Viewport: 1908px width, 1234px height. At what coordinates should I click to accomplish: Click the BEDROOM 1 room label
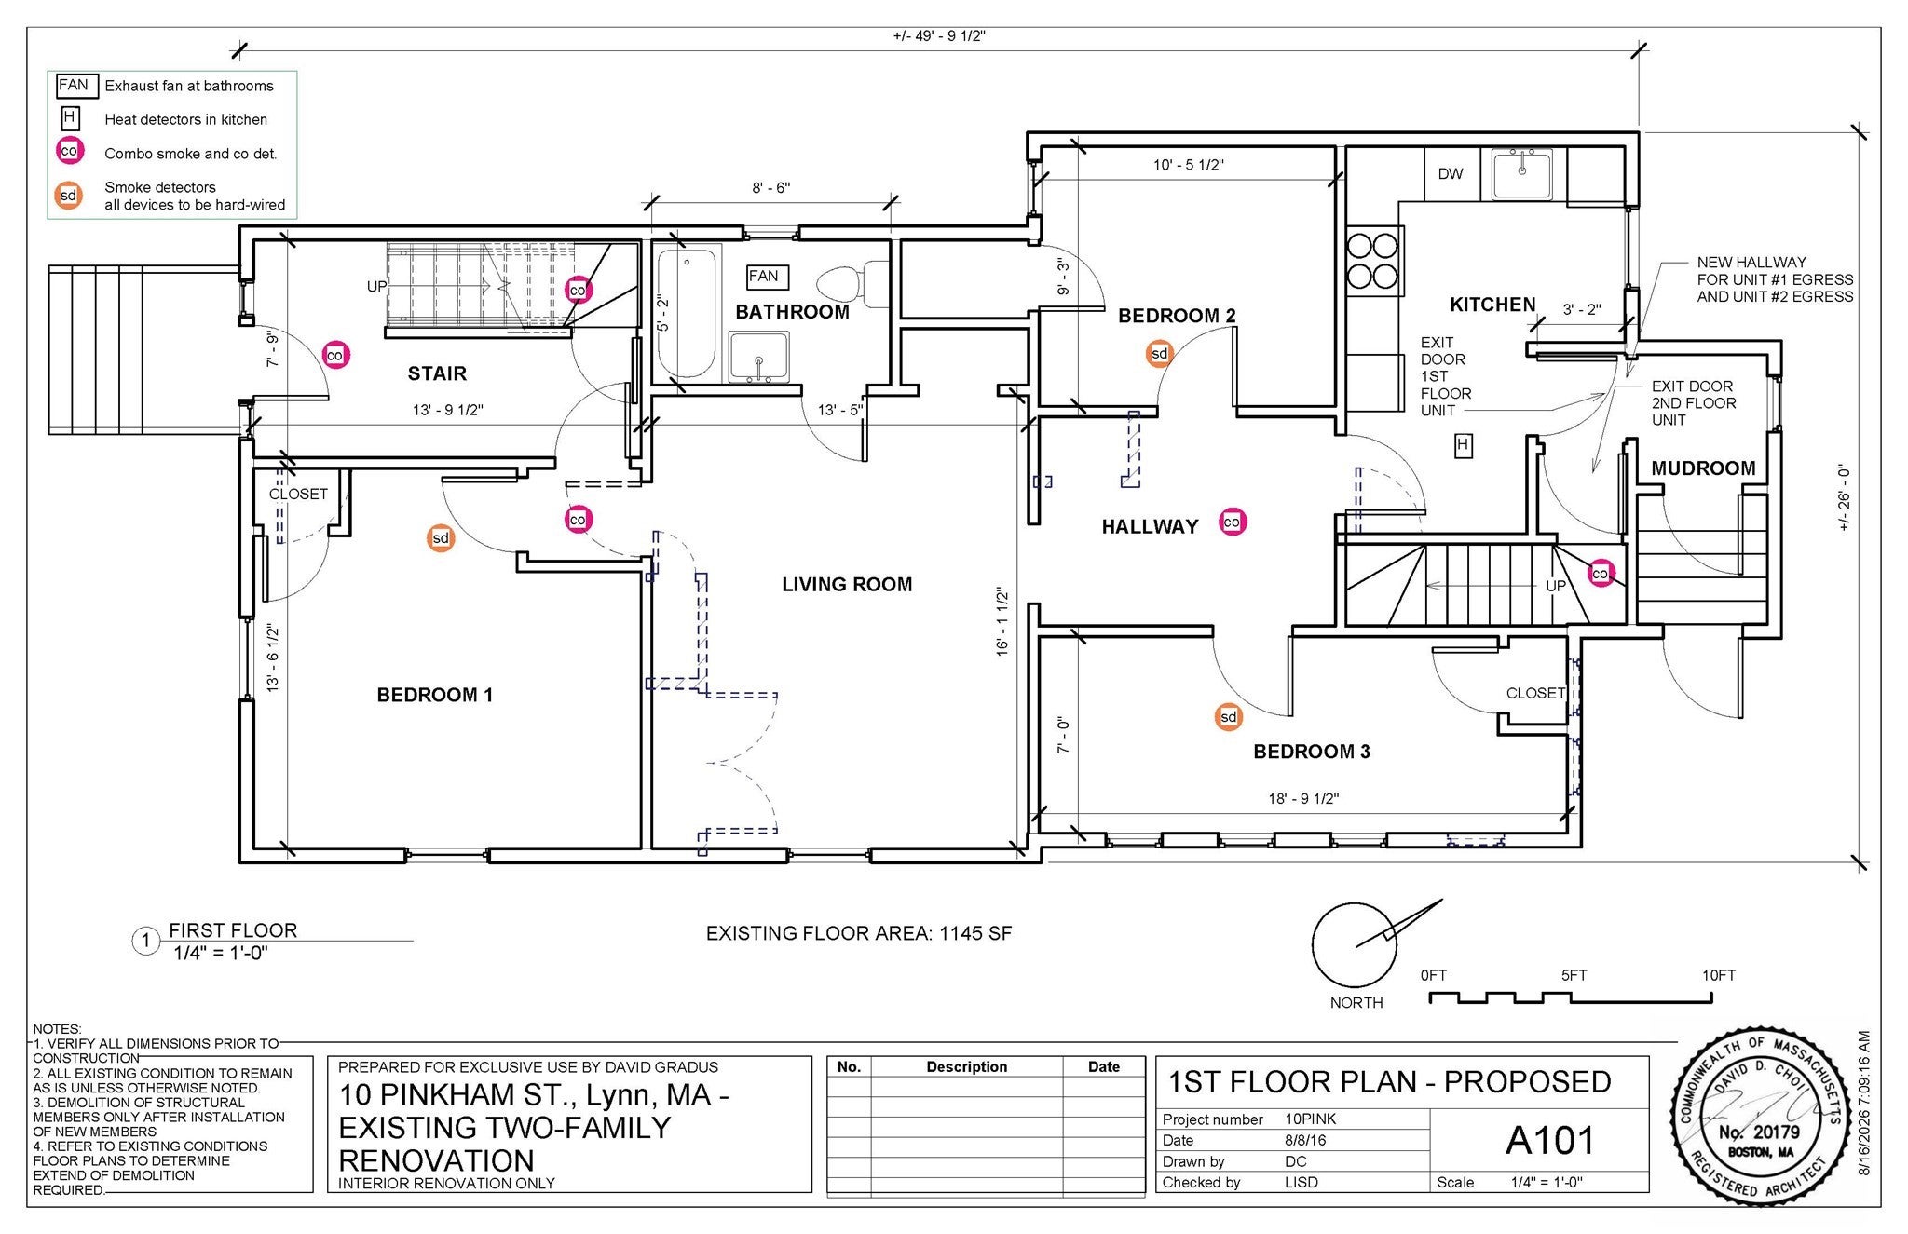coord(434,695)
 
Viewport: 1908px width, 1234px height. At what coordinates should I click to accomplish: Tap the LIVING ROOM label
coord(847,585)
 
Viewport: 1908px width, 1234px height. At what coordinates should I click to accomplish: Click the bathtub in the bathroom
coord(687,312)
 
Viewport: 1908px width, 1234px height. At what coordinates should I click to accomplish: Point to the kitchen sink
coord(1521,173)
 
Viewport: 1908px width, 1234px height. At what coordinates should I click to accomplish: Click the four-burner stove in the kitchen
coord(1373,261)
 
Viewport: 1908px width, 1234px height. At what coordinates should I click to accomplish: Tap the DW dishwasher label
coord(1451,174)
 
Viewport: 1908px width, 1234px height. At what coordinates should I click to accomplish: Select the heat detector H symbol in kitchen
coord(1463,446)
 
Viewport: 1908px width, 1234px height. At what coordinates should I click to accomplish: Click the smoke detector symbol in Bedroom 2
coord(1159,354)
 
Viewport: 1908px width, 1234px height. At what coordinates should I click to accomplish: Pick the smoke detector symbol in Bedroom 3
coord(1229,717)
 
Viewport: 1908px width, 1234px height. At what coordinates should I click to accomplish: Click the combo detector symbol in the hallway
coord(1232,522)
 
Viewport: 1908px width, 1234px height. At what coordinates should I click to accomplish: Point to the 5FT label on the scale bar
coord(1574,976)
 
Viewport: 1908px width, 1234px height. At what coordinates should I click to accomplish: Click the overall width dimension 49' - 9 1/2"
coord(939,36)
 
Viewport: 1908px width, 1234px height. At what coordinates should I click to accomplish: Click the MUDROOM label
coord(1703,468)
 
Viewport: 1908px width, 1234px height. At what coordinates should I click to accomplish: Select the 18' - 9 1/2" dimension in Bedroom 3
coord(1303,799)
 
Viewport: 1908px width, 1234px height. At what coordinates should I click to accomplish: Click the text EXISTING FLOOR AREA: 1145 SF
coord(859,933)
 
